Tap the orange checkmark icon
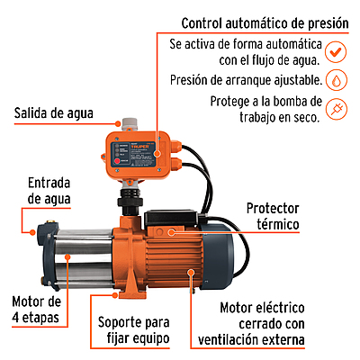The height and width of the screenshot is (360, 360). [x=336, y=51]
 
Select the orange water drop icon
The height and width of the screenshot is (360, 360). [x=336, y=80]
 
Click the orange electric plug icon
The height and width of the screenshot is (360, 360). [x=336, y=109]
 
